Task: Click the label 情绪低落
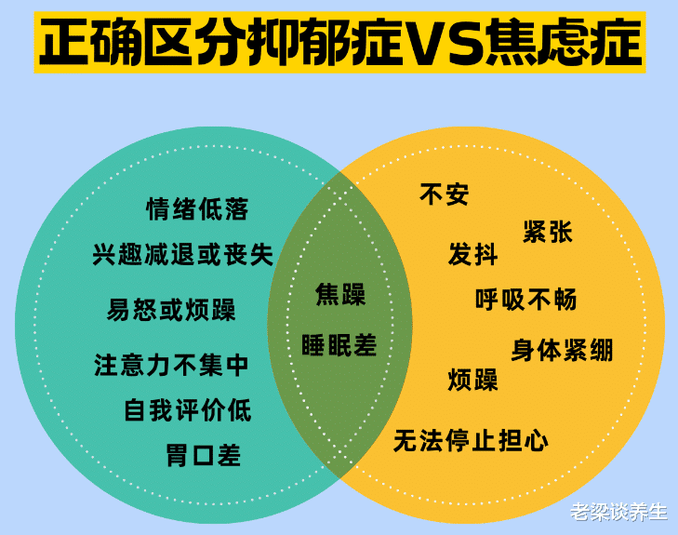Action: [x=197, y=208]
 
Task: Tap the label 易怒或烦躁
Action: [x=171, y=309]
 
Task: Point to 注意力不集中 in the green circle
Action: [x=172, y=365]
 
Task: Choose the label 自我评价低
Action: [x=188, y=409]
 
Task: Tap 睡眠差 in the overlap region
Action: [x=339, y=344]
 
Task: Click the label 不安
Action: [x=445, y=194]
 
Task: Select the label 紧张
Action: [x=548, y=232]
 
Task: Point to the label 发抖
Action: [x=472, y=255]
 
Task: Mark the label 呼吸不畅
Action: [x=525, y=300]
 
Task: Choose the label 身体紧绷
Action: [x=562, y=350]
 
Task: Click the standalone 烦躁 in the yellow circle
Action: [x=472, y=380]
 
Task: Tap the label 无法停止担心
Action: [x=471, y=439]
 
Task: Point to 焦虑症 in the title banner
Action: [x=564, y=42]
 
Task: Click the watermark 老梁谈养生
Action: [x=618, y=511]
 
